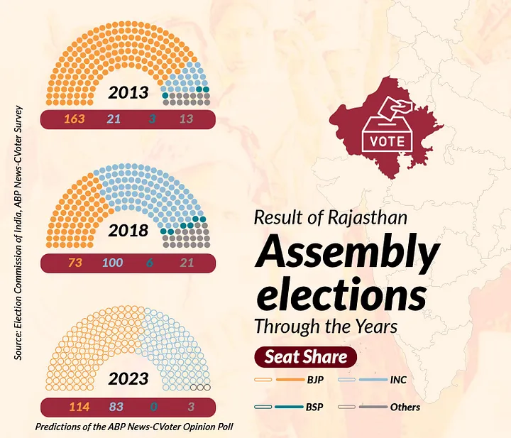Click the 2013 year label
(x=128, y=93)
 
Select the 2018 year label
(x=128, y=231)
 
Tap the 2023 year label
(x=128, y=379)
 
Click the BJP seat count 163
(x=75, y=119)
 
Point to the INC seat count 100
(x=111, y=263)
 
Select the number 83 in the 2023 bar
(x=116, y=407)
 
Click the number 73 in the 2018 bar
(x=75, y=263)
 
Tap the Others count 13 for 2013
(x=186, y=119)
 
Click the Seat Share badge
(x=306, y=357)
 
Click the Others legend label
(x=405, y=407)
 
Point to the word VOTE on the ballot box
(x=388, y=141)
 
